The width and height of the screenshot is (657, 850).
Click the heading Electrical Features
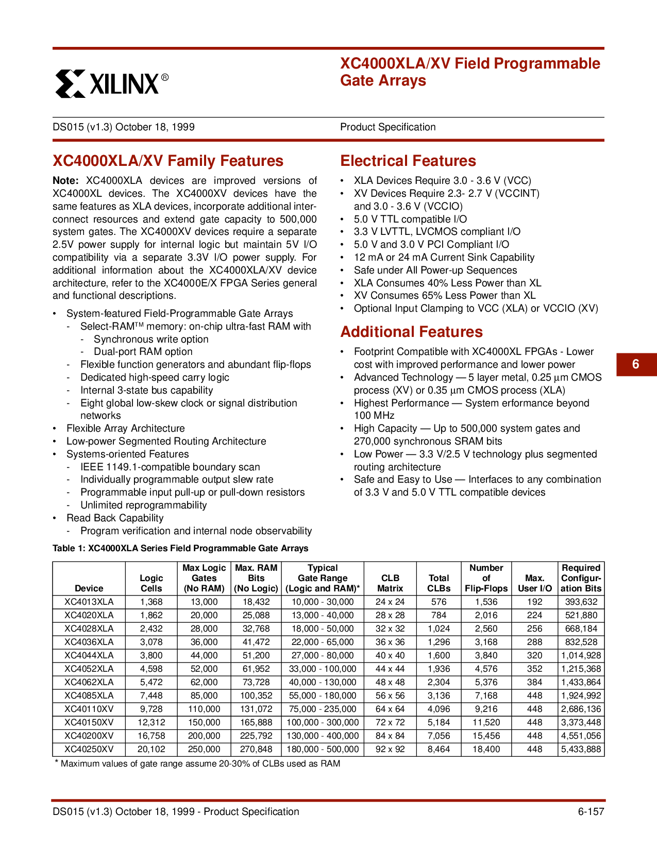[x=408, y=161]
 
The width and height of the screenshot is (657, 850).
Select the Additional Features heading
[x=412, y=332]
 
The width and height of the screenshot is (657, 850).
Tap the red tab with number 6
[x=636, y=364]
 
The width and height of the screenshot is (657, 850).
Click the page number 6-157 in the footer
[x=591, y=812]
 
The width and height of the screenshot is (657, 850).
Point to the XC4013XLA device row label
[x=89, y=602]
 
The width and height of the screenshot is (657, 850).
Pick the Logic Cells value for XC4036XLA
[x=151, y=642]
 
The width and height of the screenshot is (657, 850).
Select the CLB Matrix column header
[x=390, y=583]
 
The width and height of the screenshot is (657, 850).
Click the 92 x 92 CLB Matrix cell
[x=390, y=749]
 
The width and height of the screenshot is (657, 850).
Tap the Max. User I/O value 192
[x=534, y=602]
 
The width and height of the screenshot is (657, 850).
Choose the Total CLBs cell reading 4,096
[x=439, y=709]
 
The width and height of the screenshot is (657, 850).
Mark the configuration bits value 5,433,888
[x=581, y=749]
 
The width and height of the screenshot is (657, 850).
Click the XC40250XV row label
[x=89, y=749]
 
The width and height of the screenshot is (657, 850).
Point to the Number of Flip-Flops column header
[x=486, y=578]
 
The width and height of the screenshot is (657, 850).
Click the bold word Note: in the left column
[x=65, y=181]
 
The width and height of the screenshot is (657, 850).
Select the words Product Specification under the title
[x=388, y=127]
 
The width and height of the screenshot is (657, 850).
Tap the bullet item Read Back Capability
[x=115, y=518]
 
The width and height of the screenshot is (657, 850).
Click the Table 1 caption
[x=180, y=548]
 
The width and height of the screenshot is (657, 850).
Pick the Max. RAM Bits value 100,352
[x=256, y=695]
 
